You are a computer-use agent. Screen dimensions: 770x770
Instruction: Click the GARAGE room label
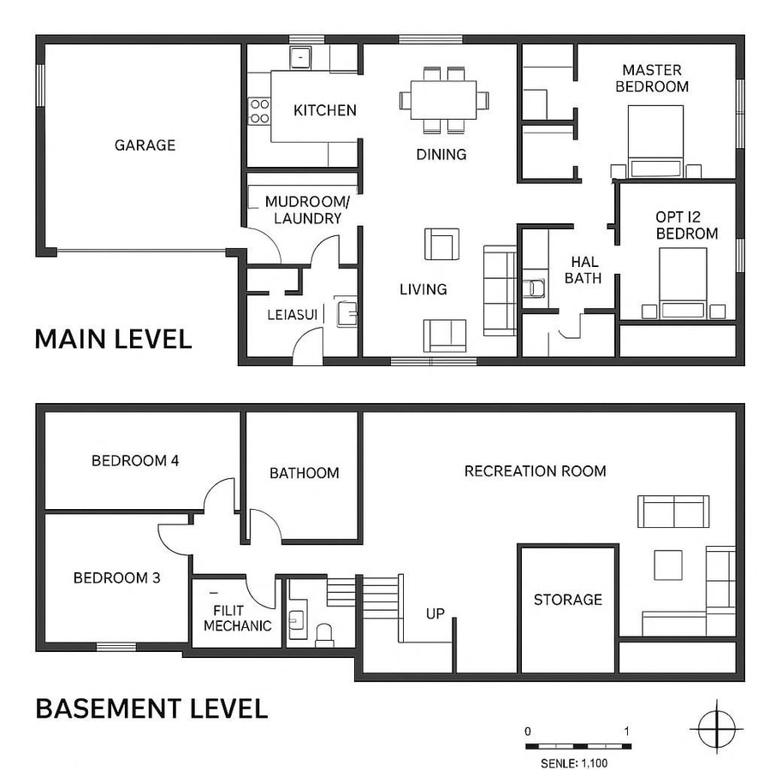point(145,145)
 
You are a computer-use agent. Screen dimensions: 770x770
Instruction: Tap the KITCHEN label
point(324,110)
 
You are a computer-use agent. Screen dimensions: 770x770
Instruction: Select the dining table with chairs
point(444,99)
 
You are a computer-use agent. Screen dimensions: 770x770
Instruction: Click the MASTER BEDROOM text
point(652,78)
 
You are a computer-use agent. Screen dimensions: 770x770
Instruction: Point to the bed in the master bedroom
point(656,140)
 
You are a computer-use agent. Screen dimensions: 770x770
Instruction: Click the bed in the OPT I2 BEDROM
point(683,282)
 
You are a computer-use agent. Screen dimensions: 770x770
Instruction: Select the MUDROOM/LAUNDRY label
point(307,210)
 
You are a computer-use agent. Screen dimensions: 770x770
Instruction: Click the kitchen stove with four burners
point(259,110)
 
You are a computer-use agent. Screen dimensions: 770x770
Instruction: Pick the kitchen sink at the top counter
point(300,57)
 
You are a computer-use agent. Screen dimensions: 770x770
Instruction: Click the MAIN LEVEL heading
point(113,339)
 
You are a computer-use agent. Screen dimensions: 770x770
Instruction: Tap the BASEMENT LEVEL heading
point(151,708)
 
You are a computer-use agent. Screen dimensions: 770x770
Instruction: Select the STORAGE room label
point(568,600)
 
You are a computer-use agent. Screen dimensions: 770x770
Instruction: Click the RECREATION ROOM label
point(535,471)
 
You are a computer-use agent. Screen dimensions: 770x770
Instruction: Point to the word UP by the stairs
point(436,613)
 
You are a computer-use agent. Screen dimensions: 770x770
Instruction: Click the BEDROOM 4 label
point(135,461)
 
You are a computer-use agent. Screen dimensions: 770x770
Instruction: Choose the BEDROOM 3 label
point(116,577)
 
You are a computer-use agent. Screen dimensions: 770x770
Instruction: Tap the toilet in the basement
point(325,634)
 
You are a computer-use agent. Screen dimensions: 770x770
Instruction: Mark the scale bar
point(577,746)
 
